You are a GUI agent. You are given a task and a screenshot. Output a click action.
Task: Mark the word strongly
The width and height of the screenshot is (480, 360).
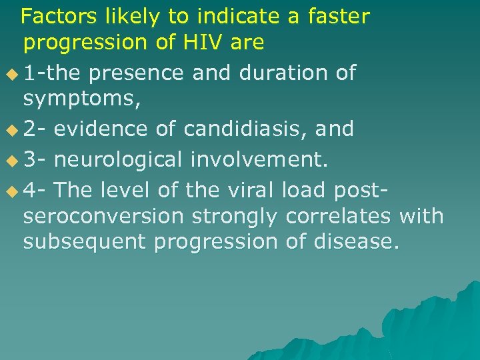pyautogui.click(x=236, y=216)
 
